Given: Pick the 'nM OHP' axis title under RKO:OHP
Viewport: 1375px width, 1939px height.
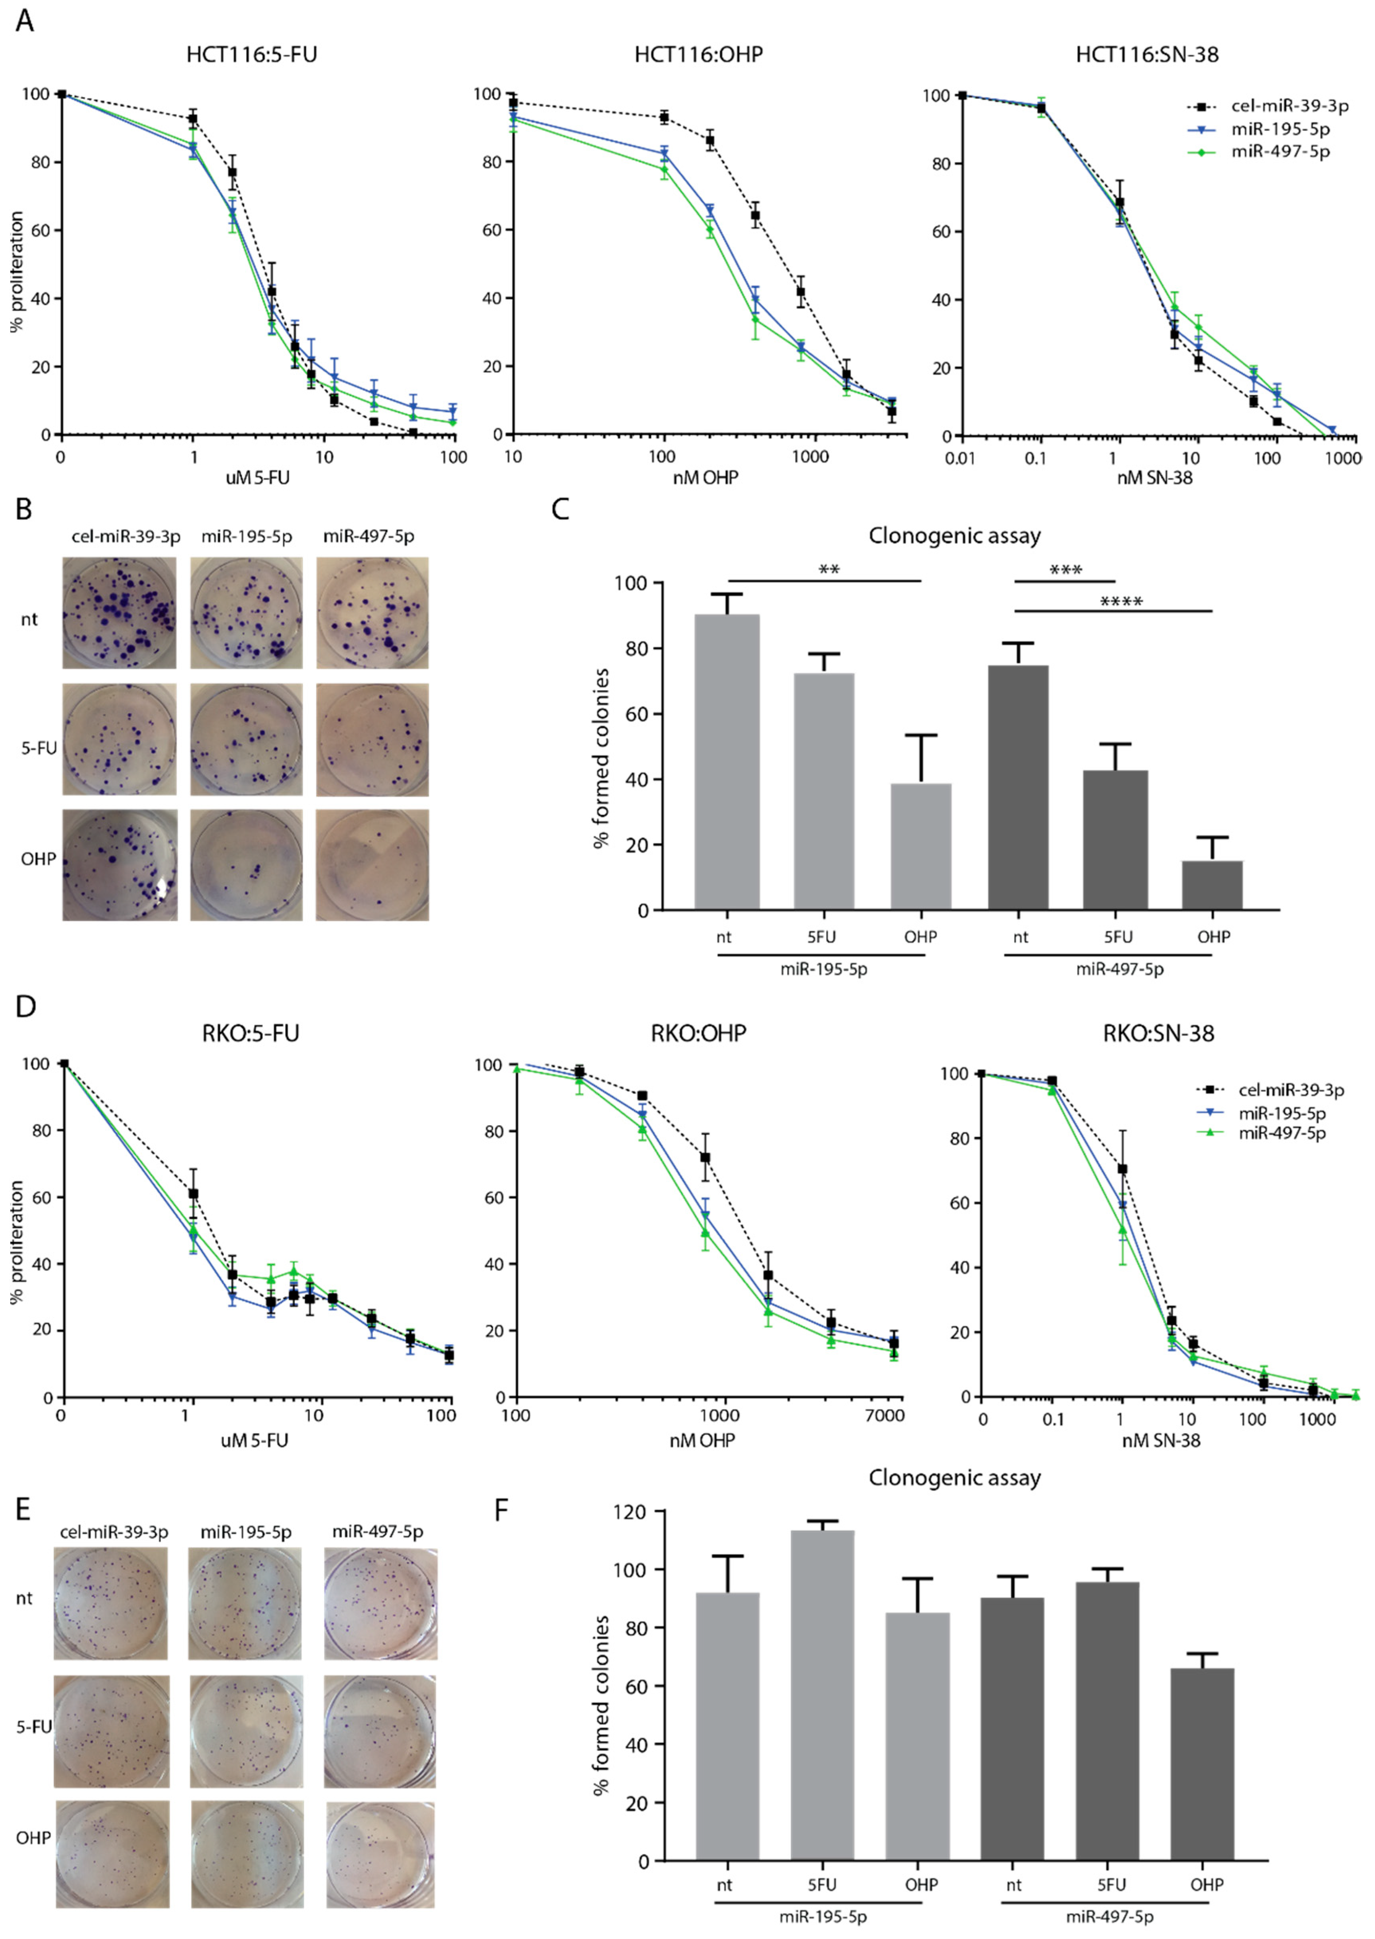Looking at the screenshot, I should pos(702,1440).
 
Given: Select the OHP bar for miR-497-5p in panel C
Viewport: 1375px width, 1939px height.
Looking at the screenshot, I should pos(1212,885).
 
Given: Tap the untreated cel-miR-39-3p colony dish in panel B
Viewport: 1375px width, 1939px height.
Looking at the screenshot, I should pos(119,613).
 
